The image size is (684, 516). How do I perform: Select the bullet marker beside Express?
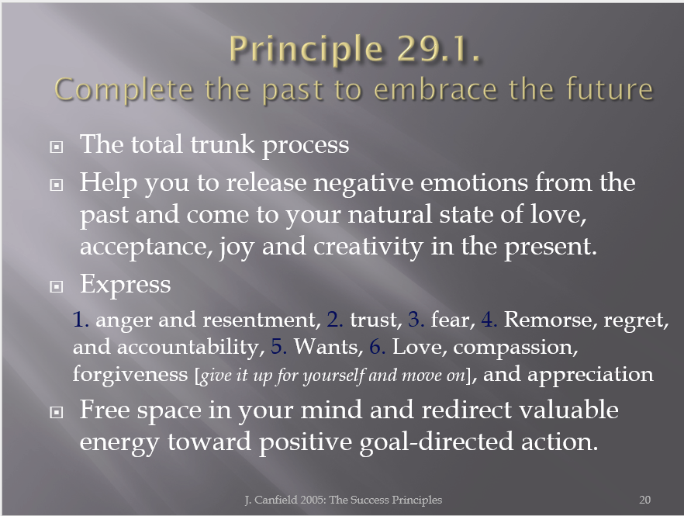(x=57, y=287)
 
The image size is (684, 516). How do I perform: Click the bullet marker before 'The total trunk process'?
(x=57, y=147)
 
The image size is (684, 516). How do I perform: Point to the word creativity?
(x=368, y=246)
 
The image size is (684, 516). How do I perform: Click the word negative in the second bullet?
(x=364, y=183)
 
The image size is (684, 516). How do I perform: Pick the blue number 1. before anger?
(x=81, y=319)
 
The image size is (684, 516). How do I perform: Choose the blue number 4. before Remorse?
(x=489, y=319)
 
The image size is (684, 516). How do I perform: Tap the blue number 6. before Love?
(x=378, y=347)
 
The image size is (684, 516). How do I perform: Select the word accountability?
(x=191, y=347)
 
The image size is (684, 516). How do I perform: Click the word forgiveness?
(x=130, y=374)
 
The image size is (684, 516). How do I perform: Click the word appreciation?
(x=590, y=375)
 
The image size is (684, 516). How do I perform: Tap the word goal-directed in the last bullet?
(x=436, y=442)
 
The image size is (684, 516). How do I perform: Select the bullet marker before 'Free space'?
(x=57, y=412)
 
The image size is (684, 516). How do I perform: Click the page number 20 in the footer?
(x=644, y=500)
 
